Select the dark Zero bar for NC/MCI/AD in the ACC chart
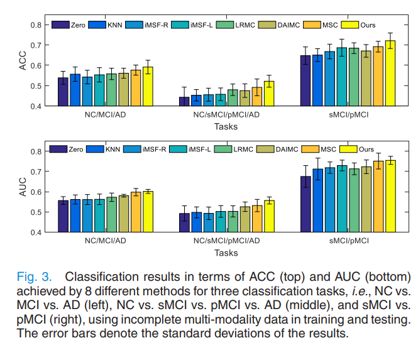63,92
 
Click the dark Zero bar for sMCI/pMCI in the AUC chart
305,204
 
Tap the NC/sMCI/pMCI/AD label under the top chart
226,116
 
